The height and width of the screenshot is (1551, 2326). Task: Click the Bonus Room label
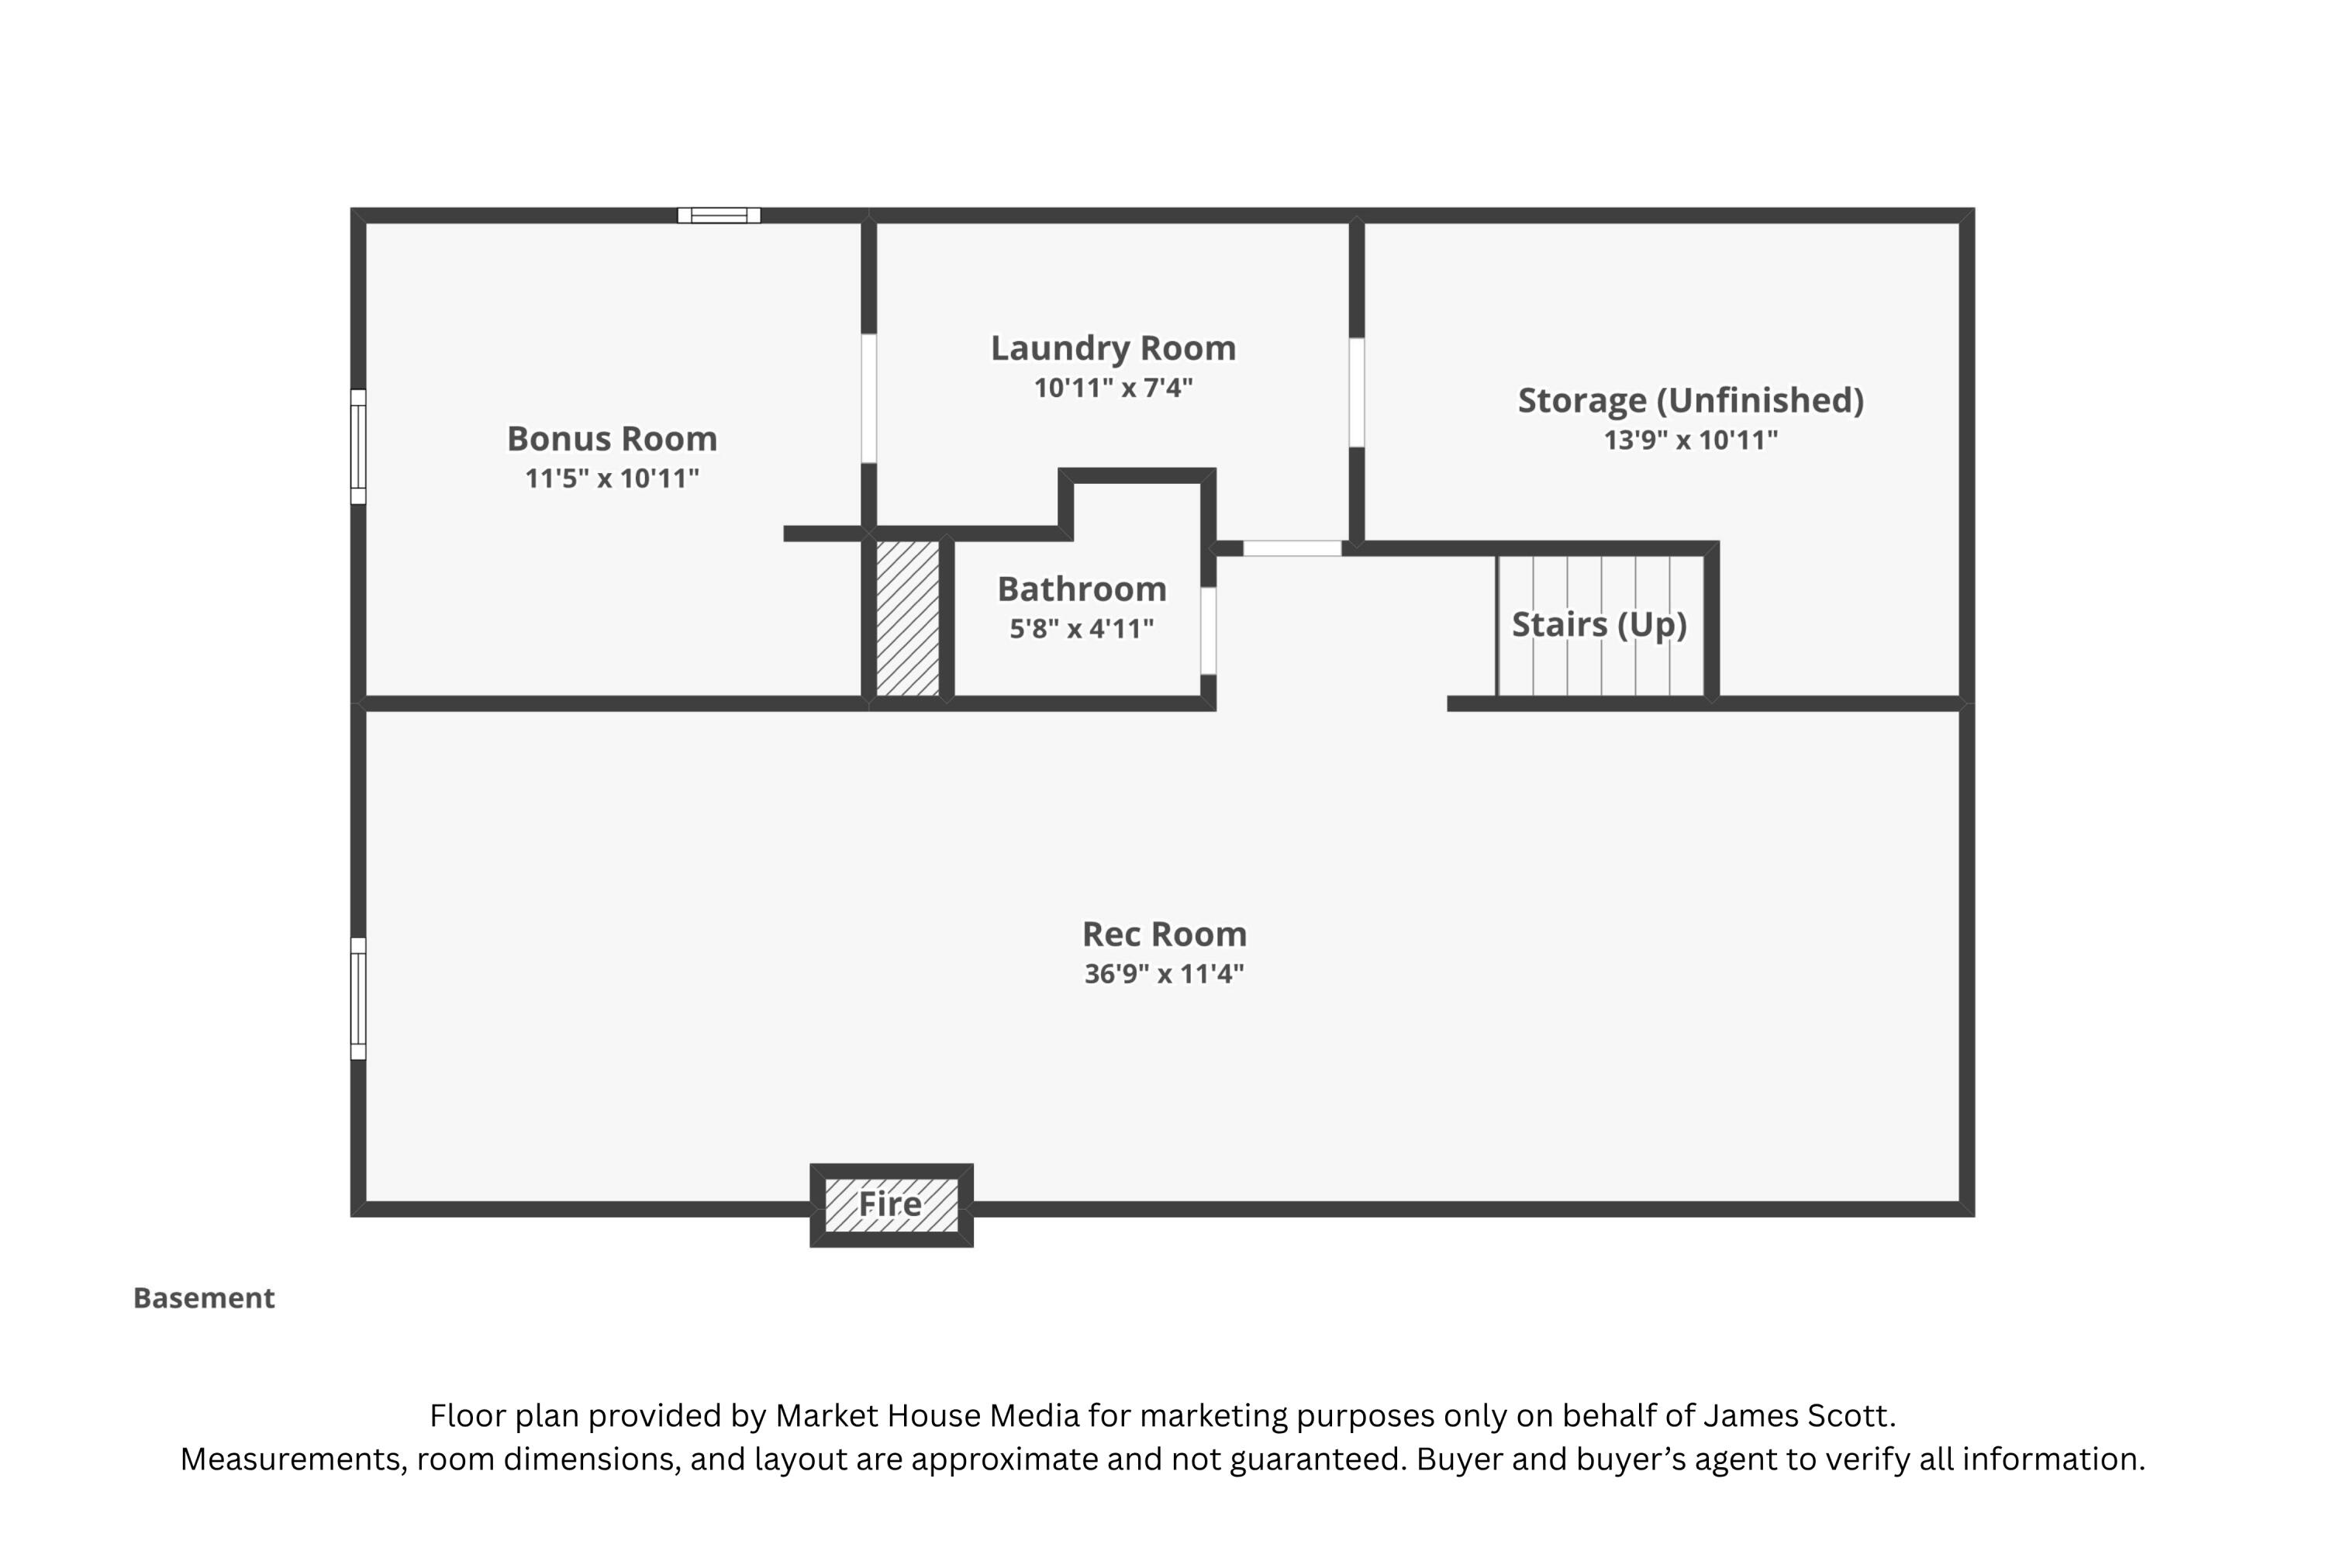click(613, 438)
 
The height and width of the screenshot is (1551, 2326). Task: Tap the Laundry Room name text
click(1113, 347)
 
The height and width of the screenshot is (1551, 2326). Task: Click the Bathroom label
click(1082, 589)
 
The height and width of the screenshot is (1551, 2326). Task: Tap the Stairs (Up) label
click(1599, 624)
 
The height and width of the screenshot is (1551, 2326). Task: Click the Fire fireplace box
click(891, 1205)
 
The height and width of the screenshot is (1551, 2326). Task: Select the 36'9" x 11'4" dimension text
click(1164, 974)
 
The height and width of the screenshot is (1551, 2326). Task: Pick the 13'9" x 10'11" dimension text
click(1691, 440)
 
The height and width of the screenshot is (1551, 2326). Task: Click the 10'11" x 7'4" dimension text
click(1113, 388)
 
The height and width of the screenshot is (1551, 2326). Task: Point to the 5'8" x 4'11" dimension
click(1082, 629)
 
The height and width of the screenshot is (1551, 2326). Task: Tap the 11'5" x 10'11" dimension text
click(613, 478)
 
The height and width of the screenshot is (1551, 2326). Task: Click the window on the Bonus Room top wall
click(719, 215)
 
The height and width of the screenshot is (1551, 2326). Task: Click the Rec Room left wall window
click(358, 998)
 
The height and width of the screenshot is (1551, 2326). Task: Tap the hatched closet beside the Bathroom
click(907, 618)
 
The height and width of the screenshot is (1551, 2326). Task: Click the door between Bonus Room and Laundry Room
click(868, 398)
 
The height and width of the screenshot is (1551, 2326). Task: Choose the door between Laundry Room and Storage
click(1357, 392)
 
